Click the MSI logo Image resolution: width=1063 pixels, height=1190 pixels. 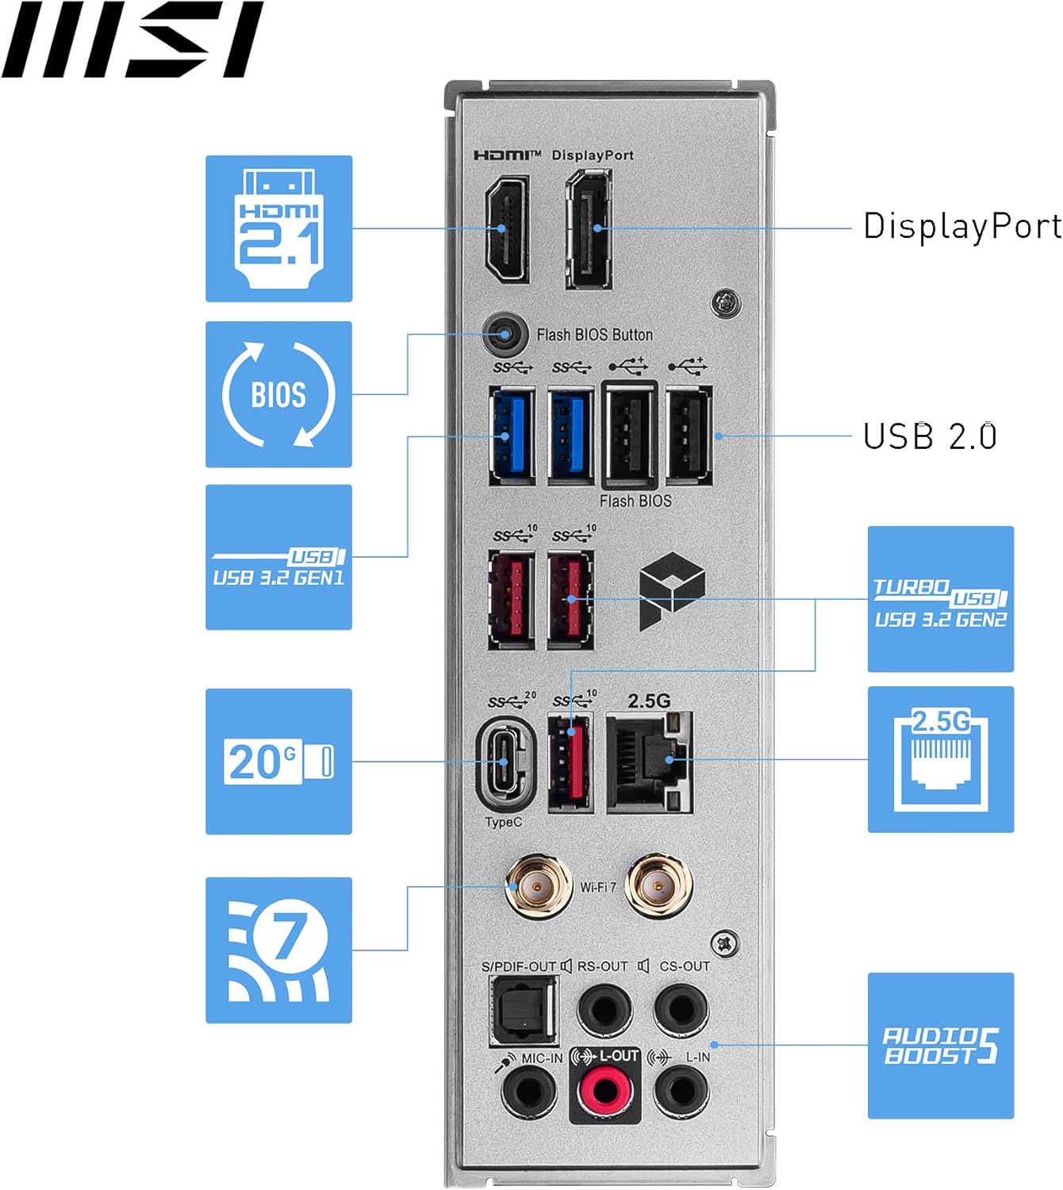click(132, 40)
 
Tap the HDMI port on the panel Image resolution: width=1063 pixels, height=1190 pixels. click(507, 229)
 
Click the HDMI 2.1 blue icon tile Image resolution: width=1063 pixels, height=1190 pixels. click(278, 228)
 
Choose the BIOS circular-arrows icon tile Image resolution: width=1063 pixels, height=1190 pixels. click(278, 394)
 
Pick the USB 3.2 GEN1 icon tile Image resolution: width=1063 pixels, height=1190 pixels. click(278, 557)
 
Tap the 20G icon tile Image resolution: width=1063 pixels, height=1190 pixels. click(278, 761)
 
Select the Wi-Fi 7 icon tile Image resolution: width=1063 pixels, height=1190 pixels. click(278, 950)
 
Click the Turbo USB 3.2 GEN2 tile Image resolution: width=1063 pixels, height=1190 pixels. click(940, 599)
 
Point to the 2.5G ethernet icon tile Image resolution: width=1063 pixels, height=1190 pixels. click(940, 759)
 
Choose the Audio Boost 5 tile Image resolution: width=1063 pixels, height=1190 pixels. click(940, 1045)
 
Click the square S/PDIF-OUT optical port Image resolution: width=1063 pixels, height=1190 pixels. click(524, 1009)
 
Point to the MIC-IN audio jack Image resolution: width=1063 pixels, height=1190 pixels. click(528, 1091)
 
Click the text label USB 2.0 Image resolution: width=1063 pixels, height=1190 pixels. click(929, 436)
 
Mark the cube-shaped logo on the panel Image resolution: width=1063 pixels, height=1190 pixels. click(672, 591)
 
